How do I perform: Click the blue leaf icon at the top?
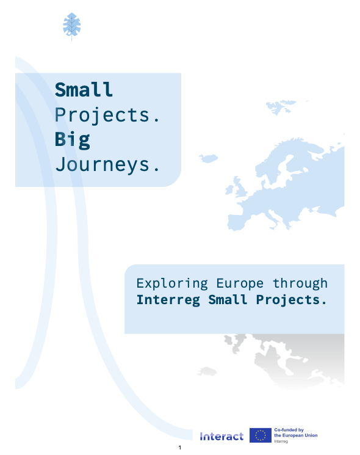point(71,26)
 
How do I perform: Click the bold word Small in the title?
point(84,89)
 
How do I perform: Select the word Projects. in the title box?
point(107,115)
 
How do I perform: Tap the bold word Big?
point(73,140)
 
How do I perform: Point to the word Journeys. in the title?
point(107,164)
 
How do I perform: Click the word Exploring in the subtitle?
point(172,283)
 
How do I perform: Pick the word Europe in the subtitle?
point(240,284)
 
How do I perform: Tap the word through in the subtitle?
point(300,283)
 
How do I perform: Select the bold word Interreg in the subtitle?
point(168,300)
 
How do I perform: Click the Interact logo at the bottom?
point(221,436)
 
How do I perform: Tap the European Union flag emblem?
point(261,435)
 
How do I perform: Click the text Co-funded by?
point(289,430)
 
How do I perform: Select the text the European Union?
point(296,435)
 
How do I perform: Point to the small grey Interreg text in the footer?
point(281,442)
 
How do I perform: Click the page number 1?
point(180,448)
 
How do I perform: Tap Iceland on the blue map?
point(209,158)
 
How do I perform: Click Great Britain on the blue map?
point(240,187)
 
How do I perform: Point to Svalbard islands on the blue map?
point(280,107)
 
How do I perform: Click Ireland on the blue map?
point(229,190)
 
